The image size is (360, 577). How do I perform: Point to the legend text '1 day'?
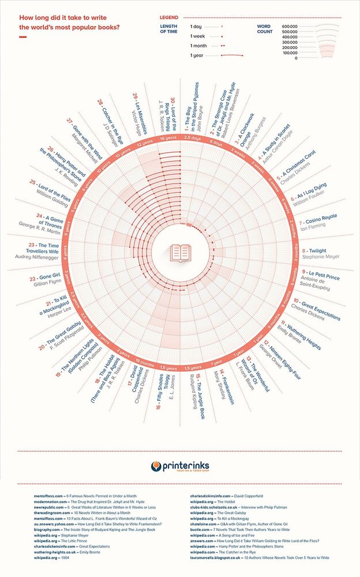(196, 26)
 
